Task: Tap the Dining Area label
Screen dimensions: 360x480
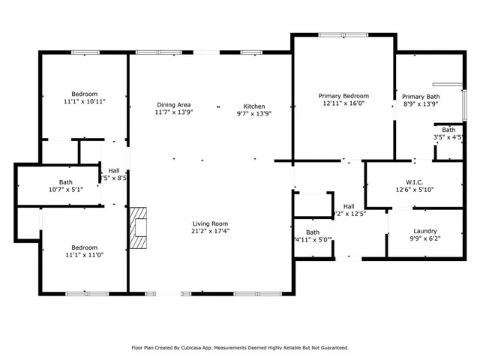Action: tap(173, 104)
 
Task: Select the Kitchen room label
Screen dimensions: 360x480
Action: tap(254, 104)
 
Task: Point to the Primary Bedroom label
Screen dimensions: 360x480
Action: tap(343, 96)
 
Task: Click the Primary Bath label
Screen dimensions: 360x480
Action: tap(421, 97)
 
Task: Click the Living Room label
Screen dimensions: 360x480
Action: tap(210, 223)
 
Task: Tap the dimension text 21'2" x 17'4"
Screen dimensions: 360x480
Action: tap(210, 232)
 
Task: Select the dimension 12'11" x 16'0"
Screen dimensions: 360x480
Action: tap(343, 104)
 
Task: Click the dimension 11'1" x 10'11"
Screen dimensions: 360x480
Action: tap(85, 101)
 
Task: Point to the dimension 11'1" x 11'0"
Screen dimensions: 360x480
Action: tap(85, 256)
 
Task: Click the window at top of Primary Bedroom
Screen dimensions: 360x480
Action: tap(343, 34)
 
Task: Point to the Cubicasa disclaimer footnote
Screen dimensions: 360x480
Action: tap(240, 347)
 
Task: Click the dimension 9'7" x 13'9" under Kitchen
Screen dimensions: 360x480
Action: tap(254, 112)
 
